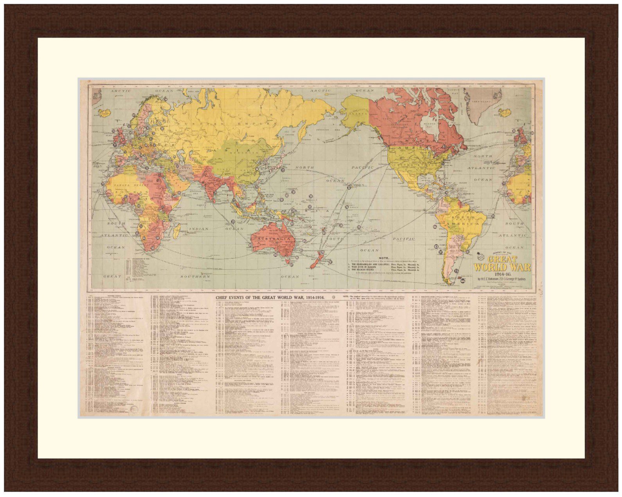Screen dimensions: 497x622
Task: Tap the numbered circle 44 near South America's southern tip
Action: point(463,280)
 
